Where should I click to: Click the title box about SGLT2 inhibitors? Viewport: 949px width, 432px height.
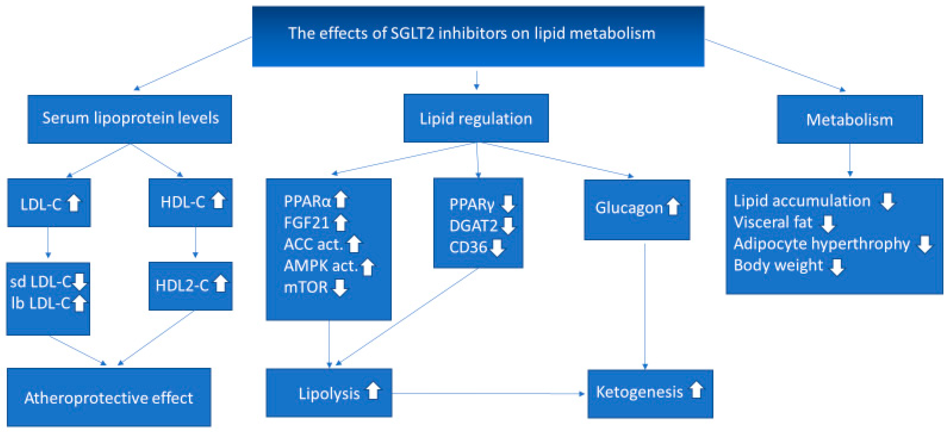478,36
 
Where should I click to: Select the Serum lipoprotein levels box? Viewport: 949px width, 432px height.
130,119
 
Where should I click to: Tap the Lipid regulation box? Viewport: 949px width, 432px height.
476,118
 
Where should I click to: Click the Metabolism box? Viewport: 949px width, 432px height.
849,119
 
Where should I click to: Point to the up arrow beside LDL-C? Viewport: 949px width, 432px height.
74,203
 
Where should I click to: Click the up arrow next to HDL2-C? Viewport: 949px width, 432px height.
221,284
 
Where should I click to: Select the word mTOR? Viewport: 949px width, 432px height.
305,287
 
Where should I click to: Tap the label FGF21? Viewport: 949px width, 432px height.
306,223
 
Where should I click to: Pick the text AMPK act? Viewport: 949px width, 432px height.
320,266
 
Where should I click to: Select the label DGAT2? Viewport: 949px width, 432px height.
473,226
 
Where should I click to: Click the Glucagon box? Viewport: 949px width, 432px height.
637,210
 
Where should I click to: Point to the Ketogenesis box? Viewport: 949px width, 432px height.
650,393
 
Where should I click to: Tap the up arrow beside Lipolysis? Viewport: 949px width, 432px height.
373,391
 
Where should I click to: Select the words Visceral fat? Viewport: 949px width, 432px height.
773,222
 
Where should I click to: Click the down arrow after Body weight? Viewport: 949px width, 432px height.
837,267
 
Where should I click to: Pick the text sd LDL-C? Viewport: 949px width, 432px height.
41,282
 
